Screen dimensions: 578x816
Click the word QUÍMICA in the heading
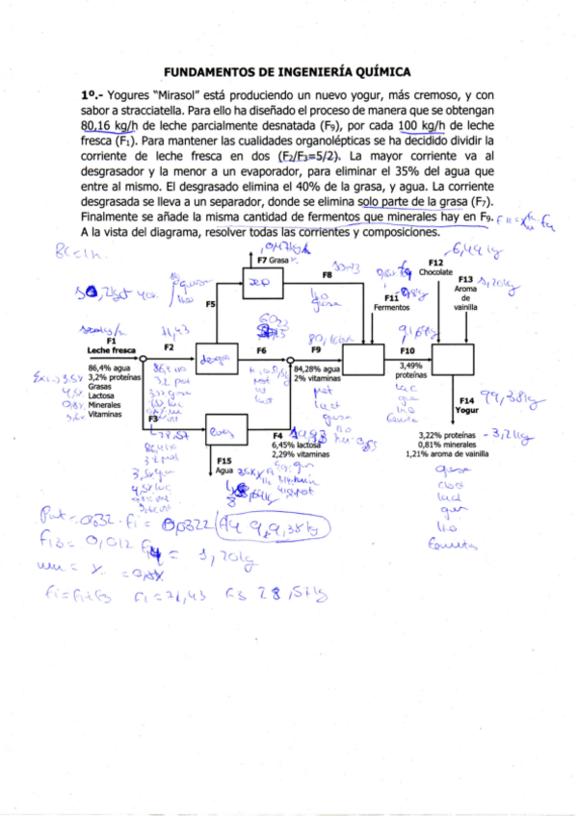click(x=382, y=71)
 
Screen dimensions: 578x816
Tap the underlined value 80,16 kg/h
click(x=109, y=126)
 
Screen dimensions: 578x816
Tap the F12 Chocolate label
click(x=436, y=268)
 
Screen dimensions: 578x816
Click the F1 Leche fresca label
click(x=111, y=346)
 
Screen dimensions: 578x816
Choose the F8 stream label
click(x=328, y=274)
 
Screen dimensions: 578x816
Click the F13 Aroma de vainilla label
click(x=465, y=292)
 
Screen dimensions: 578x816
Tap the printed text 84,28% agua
click(x=318, y=369)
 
